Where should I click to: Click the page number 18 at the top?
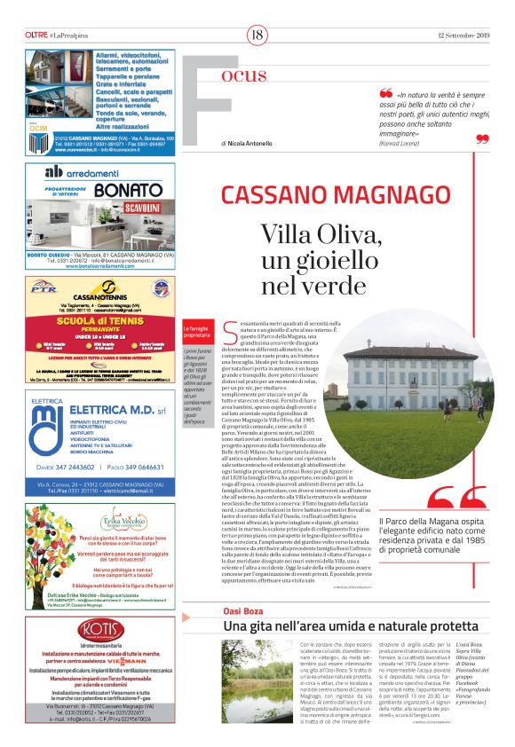(257, 35)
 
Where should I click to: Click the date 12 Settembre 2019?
(463, 35)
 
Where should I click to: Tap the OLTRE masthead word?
(36, 35)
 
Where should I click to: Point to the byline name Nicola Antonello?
(251, 143)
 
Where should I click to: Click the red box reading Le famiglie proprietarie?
(196, 333)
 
